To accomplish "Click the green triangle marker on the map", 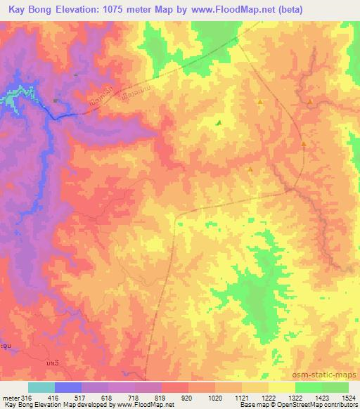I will coord(218,123).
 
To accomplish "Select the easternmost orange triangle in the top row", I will coord(309,102).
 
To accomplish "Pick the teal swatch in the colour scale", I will coord(41,387).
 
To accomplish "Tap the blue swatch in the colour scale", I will coord(68,387).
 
